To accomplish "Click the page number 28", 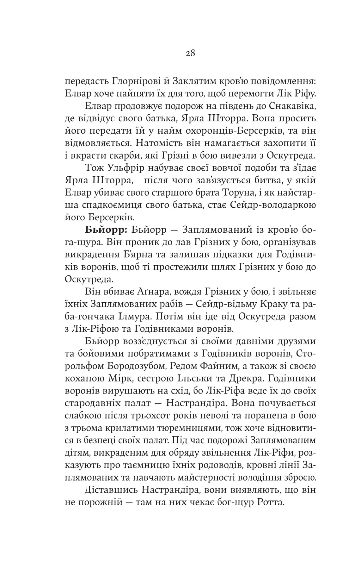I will pyautogui.click(x=191, y=53).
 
